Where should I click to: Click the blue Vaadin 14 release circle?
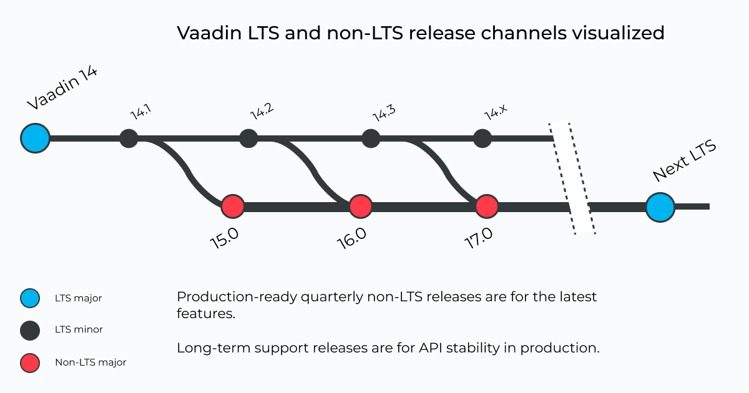[35, 138]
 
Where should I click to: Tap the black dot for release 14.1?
[129, 138]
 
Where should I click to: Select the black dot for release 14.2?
[248, 138]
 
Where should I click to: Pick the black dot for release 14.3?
[371, 138]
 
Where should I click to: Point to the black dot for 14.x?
[482, 138]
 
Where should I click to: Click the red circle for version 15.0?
[233, 206]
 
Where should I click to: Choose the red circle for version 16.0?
[361, 206]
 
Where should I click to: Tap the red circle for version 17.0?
[487, 206]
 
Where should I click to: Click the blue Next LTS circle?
[660, 207]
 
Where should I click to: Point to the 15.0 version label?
[224, 238]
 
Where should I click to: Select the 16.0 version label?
[351, 238]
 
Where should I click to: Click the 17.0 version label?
[479, 238]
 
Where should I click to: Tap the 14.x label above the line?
[496, 112]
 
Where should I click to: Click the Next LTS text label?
[685, 160]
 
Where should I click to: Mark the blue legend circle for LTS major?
[30, 298]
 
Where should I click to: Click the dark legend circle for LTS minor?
[30, 331]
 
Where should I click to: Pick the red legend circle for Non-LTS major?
[30, 363]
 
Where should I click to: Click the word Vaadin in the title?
[209, 33]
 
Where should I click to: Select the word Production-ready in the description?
[237, 297]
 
